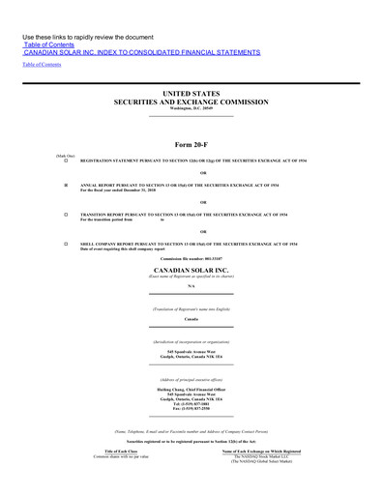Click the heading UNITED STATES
[x=191, y=93]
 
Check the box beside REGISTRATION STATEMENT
[x=66, y=160]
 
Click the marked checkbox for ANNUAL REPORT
[x=66, y=183]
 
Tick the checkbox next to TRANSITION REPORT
[x=66, y=214]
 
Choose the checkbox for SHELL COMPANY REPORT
[x=66, y=244]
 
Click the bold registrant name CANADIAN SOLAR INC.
[x=191, y=271]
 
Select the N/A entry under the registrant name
[x=191, y=287]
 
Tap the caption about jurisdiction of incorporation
[x=191, y=342]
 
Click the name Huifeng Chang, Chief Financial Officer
[x=191, y=391]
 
